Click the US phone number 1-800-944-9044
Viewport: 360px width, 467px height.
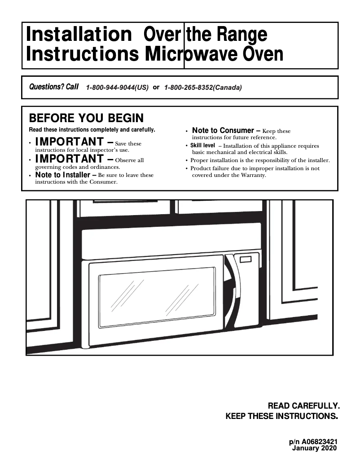[117, 88]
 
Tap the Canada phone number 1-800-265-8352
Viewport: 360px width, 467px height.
[203, 88]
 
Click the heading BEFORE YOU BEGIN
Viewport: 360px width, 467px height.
[86, 118]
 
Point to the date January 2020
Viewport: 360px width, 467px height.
[314, 448]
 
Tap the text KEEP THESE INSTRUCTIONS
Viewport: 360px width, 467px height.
[281, 416]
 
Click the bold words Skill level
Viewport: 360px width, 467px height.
[202, 145]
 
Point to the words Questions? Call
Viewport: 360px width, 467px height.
[53, 87]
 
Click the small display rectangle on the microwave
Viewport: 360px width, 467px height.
[246, 259]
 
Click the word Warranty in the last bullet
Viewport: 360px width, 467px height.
[254, 175]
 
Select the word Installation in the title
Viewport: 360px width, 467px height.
[76, 35]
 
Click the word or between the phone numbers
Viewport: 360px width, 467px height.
[156, 87]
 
